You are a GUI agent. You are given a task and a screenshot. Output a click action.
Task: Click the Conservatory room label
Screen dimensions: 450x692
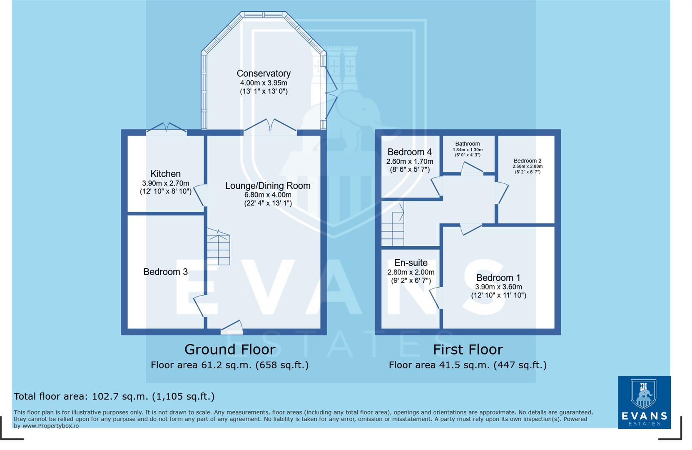click(x=263, y=74)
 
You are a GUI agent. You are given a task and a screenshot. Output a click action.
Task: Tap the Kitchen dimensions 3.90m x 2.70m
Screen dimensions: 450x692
click(x=165, y=183)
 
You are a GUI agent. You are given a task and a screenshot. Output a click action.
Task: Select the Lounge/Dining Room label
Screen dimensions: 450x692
click(x=268, y=186)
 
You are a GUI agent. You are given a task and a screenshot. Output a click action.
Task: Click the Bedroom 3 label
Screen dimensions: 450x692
click(x=165, y=272)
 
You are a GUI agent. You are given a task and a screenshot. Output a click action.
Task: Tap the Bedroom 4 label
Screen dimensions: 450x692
click(x=409, y=152)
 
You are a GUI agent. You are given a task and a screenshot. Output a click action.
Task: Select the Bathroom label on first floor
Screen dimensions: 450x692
click(x=467, y=144)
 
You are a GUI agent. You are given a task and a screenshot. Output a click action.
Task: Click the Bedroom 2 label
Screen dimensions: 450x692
click(x=527, y=161)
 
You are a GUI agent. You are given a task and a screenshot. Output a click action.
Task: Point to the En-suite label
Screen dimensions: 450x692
click(x=411, y=263)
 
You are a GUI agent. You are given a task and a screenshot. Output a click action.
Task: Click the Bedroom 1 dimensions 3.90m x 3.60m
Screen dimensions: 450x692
click(x=498, y=287)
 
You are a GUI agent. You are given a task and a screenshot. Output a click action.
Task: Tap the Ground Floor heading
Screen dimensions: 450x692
click(x=230, y=349)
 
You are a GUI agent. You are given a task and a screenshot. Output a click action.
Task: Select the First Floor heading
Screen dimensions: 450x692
click(x=468, y=349)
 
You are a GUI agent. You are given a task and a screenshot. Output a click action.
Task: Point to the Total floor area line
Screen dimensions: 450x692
click(x=114, y=396)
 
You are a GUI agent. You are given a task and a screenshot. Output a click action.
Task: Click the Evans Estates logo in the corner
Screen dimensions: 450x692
click(x=644, y=402)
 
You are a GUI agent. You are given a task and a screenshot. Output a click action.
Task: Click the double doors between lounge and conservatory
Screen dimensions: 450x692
click(x=270, y=126)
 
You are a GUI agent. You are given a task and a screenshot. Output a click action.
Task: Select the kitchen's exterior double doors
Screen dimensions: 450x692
click(x=166, y=127)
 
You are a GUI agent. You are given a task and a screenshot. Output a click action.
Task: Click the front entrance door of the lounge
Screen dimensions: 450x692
click(x=232, y=327)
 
